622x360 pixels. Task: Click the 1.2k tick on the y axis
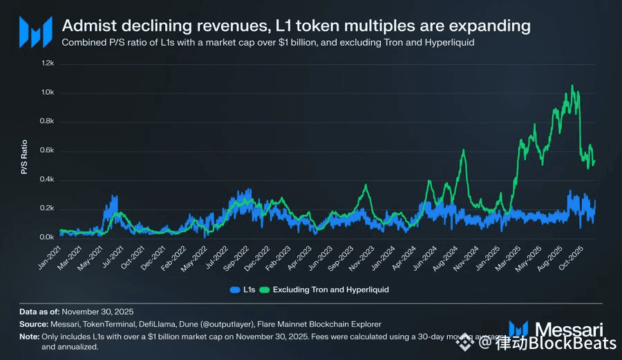pos(47,63)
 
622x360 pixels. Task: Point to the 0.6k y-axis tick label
pos(47,151)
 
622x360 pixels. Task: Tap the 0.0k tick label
pos(47,238)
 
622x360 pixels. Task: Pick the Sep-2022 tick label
pos(239,255)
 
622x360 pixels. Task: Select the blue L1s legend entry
pos(242,290)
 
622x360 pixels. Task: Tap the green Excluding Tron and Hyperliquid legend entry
pos(325,290)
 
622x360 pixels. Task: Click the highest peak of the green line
pos(572,86)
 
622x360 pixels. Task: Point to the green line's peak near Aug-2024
pos(463,150)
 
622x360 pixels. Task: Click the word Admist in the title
pos(85,26)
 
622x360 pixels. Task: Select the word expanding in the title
pos(494,26)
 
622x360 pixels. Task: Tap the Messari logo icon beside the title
pos(35,31)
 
